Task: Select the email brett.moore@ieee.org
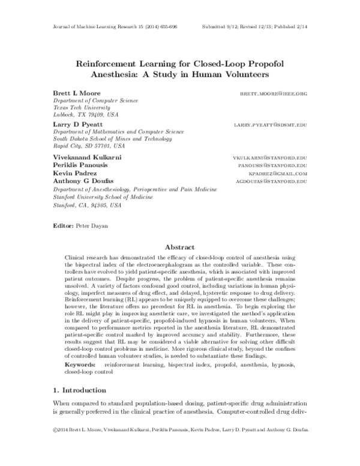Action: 274,94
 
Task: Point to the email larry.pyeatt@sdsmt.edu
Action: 271,124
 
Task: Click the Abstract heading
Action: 180,247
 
